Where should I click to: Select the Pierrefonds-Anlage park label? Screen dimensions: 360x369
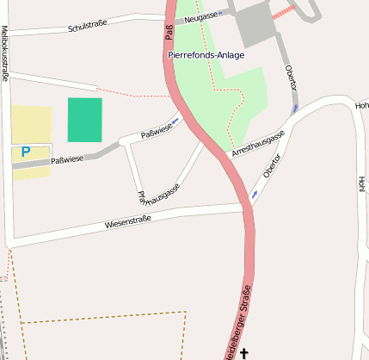pyautogui.click(x=206, y=55)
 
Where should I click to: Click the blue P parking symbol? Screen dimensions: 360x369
pyautogui.click(x=25, y=152)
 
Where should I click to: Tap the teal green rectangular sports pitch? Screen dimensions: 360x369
pyautogui.click(x=84, y=120)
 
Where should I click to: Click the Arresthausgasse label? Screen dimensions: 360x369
pyautogui.click(x=257, y=144)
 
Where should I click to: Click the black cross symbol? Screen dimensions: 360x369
pyautogui.click(x=243, y=352)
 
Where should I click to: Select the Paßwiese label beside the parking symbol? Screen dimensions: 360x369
pyautogui.click(x=67, y=159)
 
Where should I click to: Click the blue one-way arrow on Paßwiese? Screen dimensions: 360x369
pyautogui.click(x=175, y=121)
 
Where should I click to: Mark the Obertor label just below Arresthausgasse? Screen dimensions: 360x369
pyautogui.click(x=272, y=166)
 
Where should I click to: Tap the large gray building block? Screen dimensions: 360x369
pyautogui.click(x=255, y=25)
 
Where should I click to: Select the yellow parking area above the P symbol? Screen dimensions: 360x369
pyautogui.click(x=31, y=124)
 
